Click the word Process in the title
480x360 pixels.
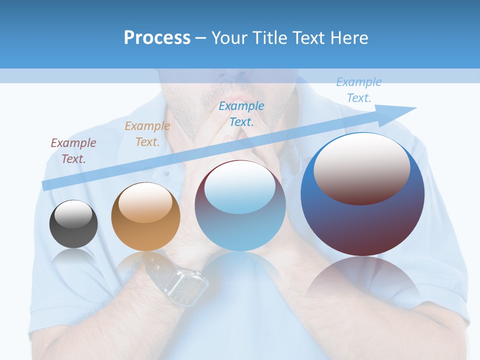pyautogui.click(x=157, y=38)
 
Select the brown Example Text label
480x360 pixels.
pyautogui.click(x=73, y=151)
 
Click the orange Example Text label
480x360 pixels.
pyautogui.click(x=147, y=134)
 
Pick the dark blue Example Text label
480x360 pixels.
pyautogui.click(x=241, y=113)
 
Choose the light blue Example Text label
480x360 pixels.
pyautogui.click(x=359, y=90)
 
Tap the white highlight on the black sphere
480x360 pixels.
pyautogui.click(x=73, y=214)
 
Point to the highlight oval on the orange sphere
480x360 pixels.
pyautogui.click(x=145, y=202)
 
